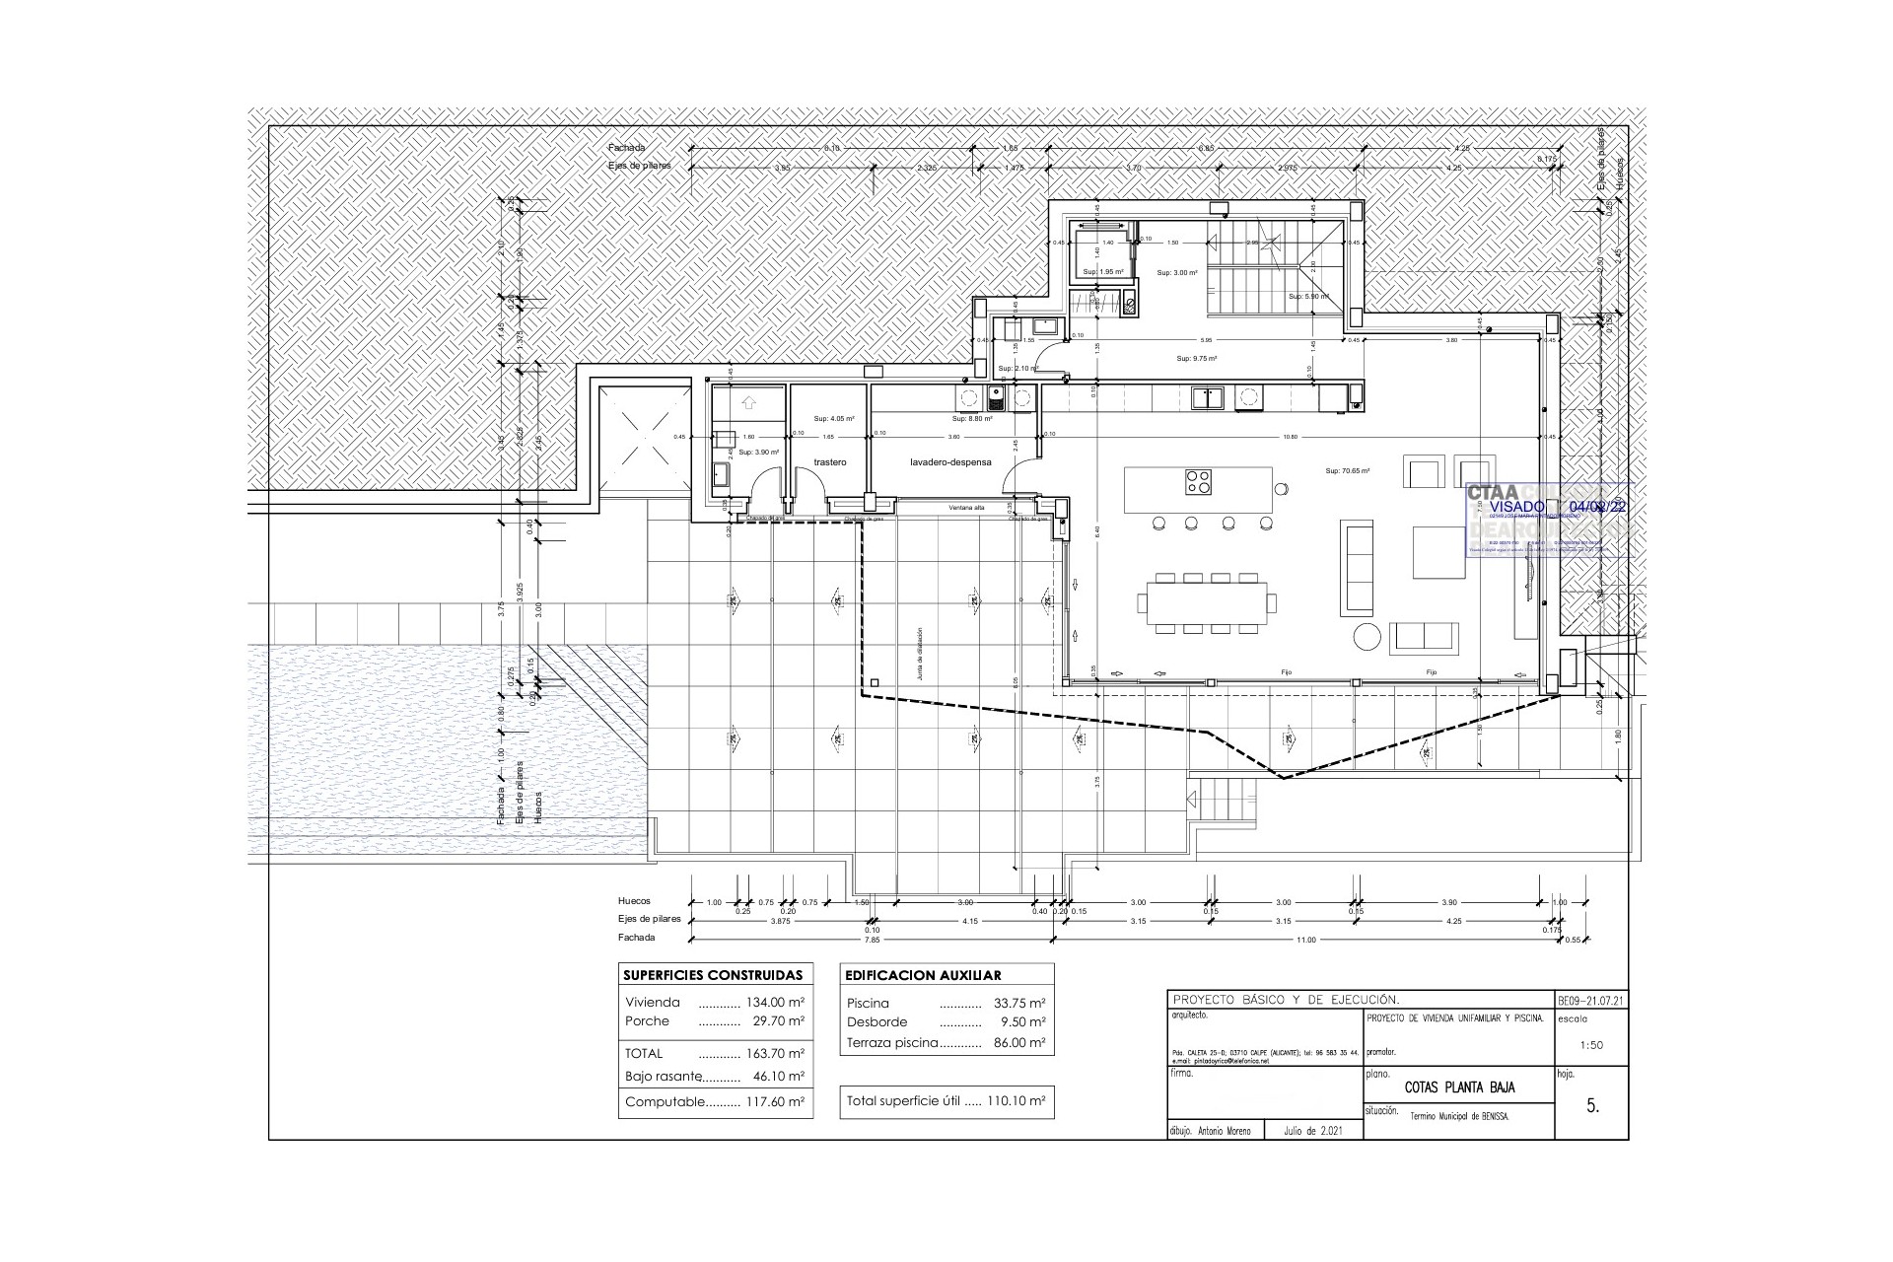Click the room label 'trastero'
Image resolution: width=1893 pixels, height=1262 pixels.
click(x=830, y=461)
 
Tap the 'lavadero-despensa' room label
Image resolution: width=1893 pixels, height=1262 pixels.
click(x=950, y=461)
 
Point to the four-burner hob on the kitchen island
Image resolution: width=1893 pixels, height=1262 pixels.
click(x=1198, y=483)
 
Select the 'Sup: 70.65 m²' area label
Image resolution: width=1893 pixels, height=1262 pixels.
click(x=1348, y=471)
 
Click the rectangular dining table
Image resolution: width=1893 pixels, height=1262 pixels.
click(x=1206, y=602)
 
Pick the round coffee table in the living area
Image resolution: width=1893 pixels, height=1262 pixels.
click(x=1367, y=636)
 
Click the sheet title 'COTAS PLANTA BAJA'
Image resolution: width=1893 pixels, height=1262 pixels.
click(x=1459, y=1087)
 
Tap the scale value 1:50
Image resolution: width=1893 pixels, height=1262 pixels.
click(x=1590, y=1045)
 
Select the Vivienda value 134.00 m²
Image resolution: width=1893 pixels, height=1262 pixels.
click(x=776, y=1003)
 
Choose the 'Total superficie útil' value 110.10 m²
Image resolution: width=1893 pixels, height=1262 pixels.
click(x=1016, y=1101)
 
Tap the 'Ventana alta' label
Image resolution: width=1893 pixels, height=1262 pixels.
click(x=966, y=508)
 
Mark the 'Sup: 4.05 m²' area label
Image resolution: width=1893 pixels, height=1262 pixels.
click(x=833, y=419)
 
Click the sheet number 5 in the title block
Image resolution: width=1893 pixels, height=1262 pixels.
click(x=1592, y=1106)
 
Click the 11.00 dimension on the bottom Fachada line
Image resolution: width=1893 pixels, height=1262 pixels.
click(x=1305, y=940)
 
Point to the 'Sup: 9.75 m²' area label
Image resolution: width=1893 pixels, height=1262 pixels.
click(x=1197, y=359)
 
